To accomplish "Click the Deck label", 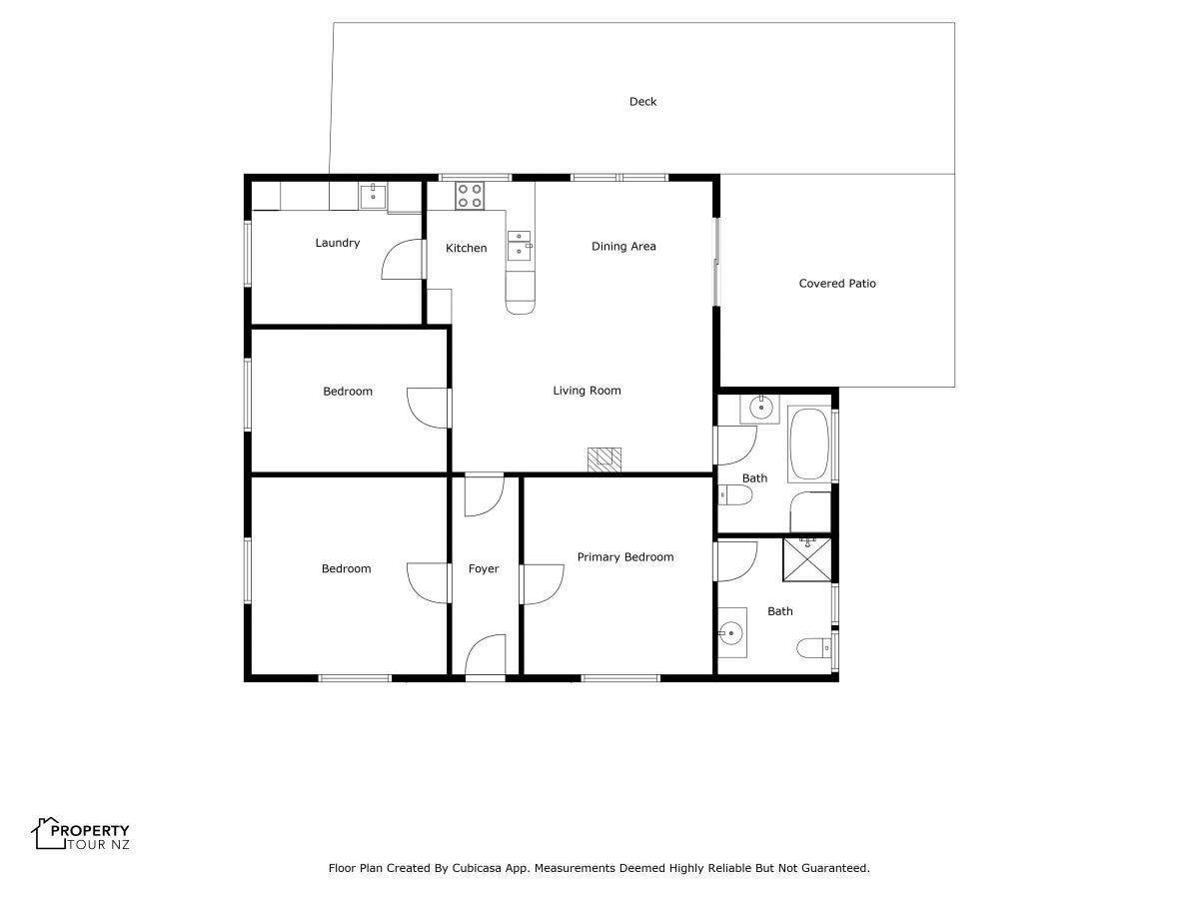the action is click(642, 102).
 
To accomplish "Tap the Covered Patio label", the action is click(837, 284).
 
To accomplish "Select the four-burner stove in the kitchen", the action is click(470, 196).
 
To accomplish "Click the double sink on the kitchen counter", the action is click(519, 245).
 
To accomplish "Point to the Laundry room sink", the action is click(373, 196).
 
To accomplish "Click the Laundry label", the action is click(337, 243).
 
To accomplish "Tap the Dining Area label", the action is click(623, 246).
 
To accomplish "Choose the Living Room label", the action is click(587, 391).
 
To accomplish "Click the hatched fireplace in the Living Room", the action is click(604, 459).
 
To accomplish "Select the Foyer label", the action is click(484, 568).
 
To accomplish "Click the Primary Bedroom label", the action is click(624, 557).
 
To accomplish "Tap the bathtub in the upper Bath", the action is click(809, 444).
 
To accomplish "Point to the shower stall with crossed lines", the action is click(806, 559).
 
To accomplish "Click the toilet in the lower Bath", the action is click(813, 648).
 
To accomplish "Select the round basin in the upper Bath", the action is click(760, 407).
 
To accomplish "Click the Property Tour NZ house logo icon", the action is click(49, 833).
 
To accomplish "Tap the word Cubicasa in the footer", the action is click(476, 868).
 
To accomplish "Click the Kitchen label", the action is click(466, 249).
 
